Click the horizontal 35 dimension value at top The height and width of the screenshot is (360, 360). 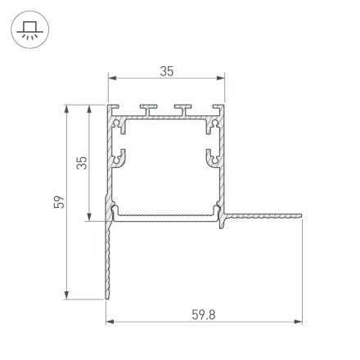[167, 71]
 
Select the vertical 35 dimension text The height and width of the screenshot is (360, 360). [80, 163]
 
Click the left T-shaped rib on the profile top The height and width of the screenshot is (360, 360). [150, 109]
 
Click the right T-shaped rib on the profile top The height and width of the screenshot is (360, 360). [182, 109]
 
